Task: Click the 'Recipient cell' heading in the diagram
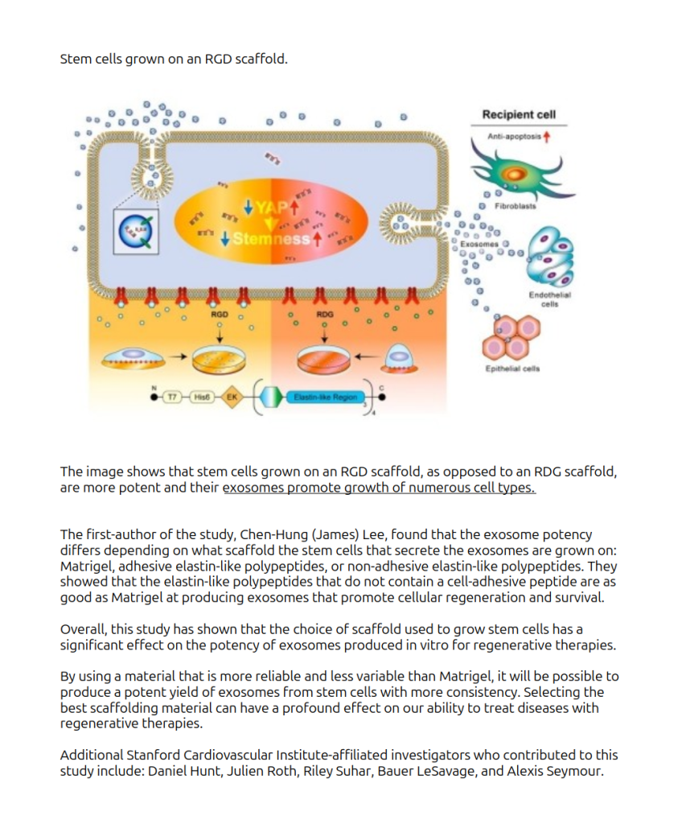(519, 114)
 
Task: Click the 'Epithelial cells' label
(511, 369)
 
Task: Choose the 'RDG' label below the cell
(324, 314)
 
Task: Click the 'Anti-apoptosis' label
(515, 136)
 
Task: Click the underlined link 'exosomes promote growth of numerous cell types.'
(379, 488)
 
